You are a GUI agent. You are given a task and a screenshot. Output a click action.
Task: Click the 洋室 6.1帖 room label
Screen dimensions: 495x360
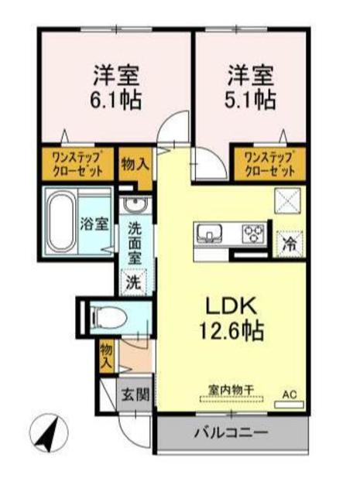117,87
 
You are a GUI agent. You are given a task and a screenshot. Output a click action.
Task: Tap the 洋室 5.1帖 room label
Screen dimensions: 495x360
250,87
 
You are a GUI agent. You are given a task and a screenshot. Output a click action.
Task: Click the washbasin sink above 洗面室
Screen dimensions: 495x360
135,207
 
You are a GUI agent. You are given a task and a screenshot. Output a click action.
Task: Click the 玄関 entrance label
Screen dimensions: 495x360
135,395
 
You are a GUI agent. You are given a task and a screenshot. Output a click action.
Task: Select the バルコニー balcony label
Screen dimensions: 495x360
230,432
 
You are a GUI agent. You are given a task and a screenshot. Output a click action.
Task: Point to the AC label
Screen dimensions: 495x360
289,394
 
